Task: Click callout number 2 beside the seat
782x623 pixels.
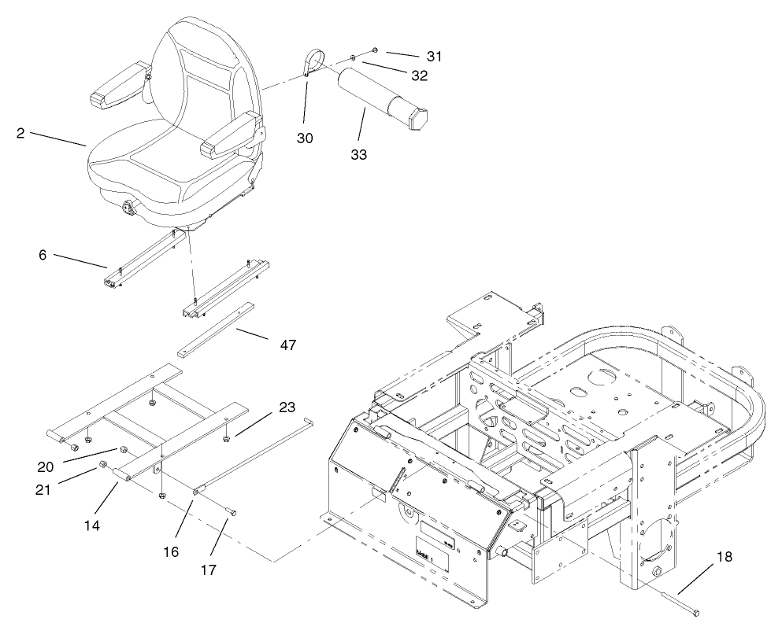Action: pos(20,133)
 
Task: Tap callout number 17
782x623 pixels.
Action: pos(209,567)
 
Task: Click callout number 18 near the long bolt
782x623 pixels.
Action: pos(723,557)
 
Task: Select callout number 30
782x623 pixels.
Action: pos(305,138)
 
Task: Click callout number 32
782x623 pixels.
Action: pos(420,76)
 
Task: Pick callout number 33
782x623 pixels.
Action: pos(358,154)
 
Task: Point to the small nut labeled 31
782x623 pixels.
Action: pos(375,50)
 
